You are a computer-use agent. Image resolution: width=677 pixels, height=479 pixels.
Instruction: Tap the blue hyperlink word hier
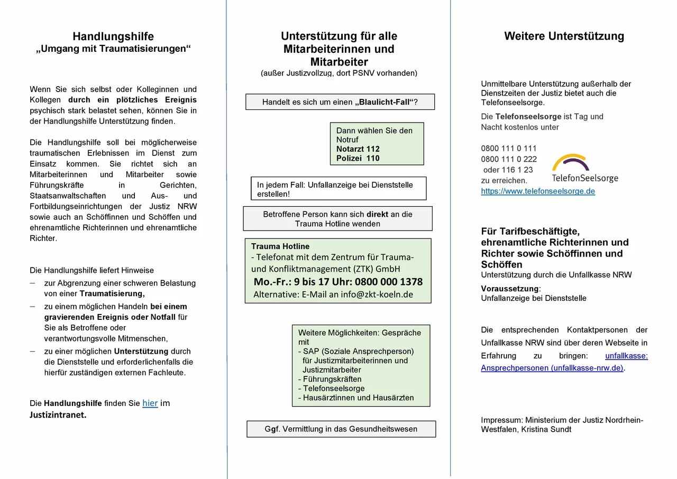click(x=150, y=403)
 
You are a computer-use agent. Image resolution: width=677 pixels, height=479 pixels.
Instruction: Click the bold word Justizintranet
click(x=58, y=415)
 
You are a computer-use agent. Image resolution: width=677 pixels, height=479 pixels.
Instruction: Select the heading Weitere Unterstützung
click(x=564, y=36)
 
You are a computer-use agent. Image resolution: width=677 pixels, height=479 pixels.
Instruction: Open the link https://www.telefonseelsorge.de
click(x=538, y=191)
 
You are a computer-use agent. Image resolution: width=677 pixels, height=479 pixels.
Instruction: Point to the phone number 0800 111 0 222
click(x=509, y=159)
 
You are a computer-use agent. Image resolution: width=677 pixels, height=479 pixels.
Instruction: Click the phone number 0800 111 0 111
click(x=509, y=149)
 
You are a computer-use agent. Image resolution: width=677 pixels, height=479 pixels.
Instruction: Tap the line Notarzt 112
click(x=358, y=149)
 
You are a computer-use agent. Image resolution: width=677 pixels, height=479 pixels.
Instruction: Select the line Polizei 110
click(x=358, y=158)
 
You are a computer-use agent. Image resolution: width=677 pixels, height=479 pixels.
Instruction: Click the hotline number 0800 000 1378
click(x=389, y=282)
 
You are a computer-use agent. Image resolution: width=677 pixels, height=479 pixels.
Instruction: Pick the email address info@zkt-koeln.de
click(x=377, y=294)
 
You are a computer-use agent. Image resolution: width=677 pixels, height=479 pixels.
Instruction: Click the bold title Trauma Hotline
click(x=280, y=246)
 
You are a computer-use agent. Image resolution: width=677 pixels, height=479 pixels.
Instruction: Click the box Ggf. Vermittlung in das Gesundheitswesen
click(x=341, y=429)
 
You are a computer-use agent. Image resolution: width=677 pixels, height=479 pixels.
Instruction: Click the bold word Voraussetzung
click(x=510, y=289)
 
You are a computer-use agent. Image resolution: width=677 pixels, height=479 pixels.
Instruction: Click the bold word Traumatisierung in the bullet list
click(x=112, y=293)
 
